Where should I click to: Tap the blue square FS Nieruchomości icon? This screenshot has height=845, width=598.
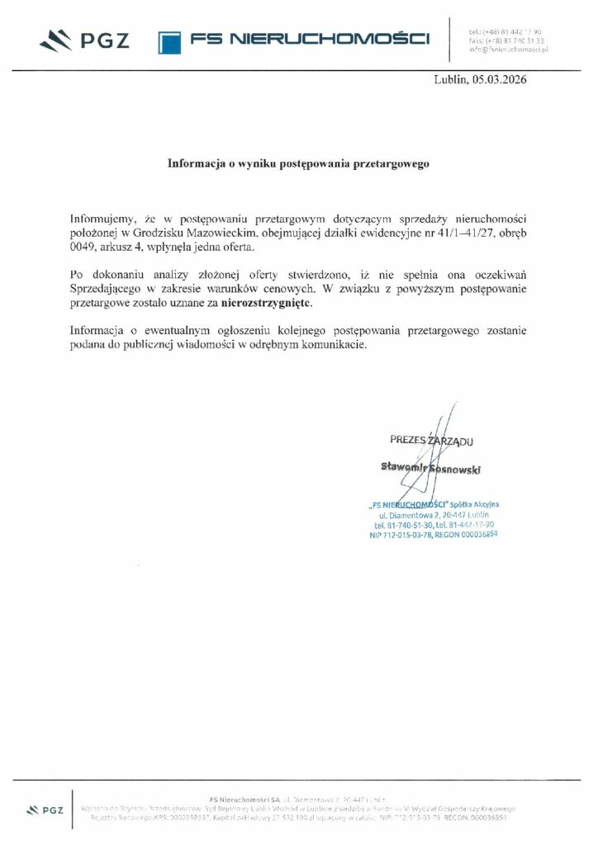169,41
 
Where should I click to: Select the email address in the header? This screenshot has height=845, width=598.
509,50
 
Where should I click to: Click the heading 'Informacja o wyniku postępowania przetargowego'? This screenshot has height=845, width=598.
299,163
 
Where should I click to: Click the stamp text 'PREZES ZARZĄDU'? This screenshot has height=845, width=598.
432,441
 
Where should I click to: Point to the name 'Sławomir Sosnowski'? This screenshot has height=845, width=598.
431,468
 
